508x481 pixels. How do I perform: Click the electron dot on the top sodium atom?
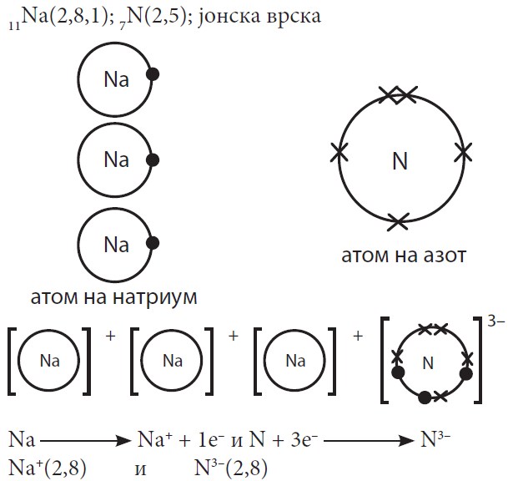(153, 76)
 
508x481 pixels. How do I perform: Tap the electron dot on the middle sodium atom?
(153, 159)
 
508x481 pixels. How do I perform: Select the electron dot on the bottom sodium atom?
(153, 244)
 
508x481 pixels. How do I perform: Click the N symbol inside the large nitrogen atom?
(400, 162)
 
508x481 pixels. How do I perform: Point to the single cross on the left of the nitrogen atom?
(339, 152)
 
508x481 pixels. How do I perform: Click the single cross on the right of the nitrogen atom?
(463, 150)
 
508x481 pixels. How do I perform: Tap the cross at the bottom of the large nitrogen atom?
(399, 220)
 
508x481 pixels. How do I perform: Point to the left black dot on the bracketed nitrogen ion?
(397, 372)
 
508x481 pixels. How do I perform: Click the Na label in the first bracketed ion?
(51, 362)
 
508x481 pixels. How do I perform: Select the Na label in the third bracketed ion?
(296, 362)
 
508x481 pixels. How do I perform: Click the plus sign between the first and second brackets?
(108, 336)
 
